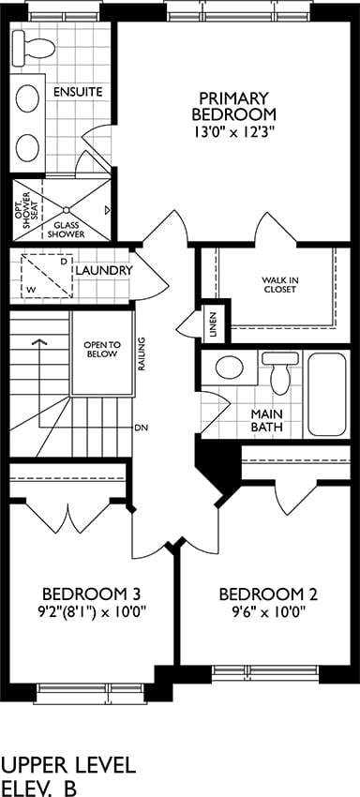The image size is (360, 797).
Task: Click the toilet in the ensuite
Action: pos(34,44)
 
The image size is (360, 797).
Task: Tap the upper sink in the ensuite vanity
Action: pos(27,98)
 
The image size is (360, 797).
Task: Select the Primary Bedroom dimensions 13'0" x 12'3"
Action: pos(233,132)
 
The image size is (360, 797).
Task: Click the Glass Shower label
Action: pos(68,230)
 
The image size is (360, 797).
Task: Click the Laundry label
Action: pos(104,270)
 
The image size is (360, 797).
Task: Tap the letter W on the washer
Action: pos(32,289)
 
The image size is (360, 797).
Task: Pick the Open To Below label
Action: pos(100,350)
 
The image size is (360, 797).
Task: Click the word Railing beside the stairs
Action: pos(142,353)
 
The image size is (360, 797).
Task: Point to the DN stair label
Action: pos(142,428)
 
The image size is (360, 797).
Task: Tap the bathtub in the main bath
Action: pos(327,394)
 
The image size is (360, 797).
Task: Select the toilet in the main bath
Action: pos(279,372)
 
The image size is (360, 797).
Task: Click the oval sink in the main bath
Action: pos(229,368)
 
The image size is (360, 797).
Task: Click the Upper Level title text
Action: pos(69,765)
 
